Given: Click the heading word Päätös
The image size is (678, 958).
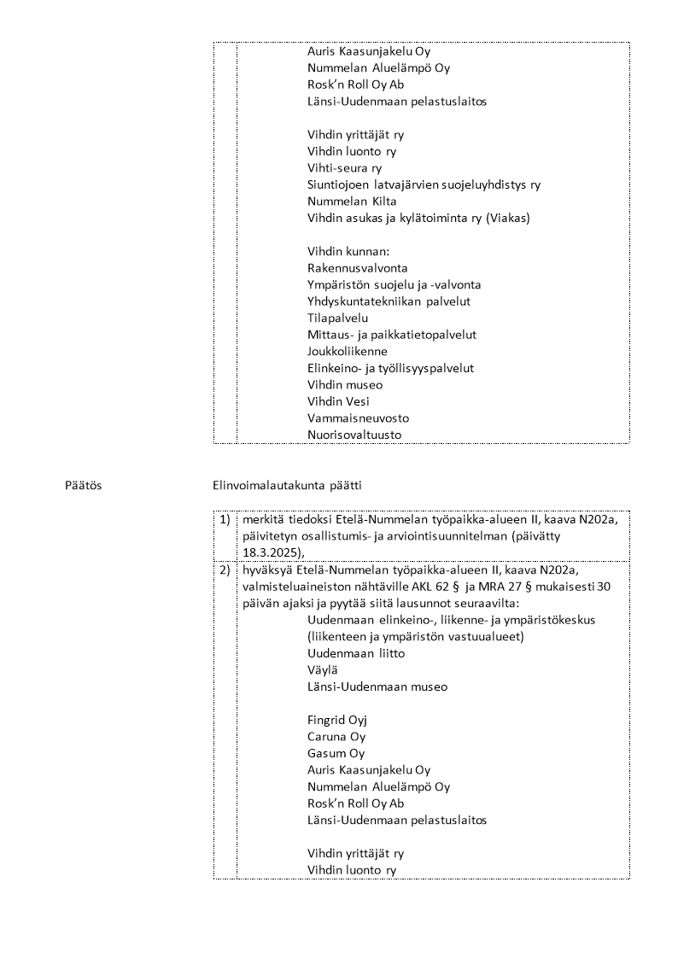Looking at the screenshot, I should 84,486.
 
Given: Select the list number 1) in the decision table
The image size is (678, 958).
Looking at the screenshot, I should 225,519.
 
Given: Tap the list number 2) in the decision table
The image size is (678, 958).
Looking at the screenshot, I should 225,570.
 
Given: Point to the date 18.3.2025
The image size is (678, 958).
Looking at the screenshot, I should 269,552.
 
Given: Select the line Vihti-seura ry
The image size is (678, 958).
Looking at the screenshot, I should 344,168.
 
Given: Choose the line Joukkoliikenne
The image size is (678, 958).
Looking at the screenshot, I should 348,352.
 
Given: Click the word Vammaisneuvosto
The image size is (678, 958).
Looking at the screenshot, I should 358,418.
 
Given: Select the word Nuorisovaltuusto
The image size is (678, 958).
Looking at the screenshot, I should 354,435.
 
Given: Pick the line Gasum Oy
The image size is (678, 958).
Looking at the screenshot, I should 336,753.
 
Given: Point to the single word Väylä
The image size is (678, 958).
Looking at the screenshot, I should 322,670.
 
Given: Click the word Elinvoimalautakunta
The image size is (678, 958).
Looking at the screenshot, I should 266,486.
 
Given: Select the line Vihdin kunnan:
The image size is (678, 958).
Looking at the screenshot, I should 348,252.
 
